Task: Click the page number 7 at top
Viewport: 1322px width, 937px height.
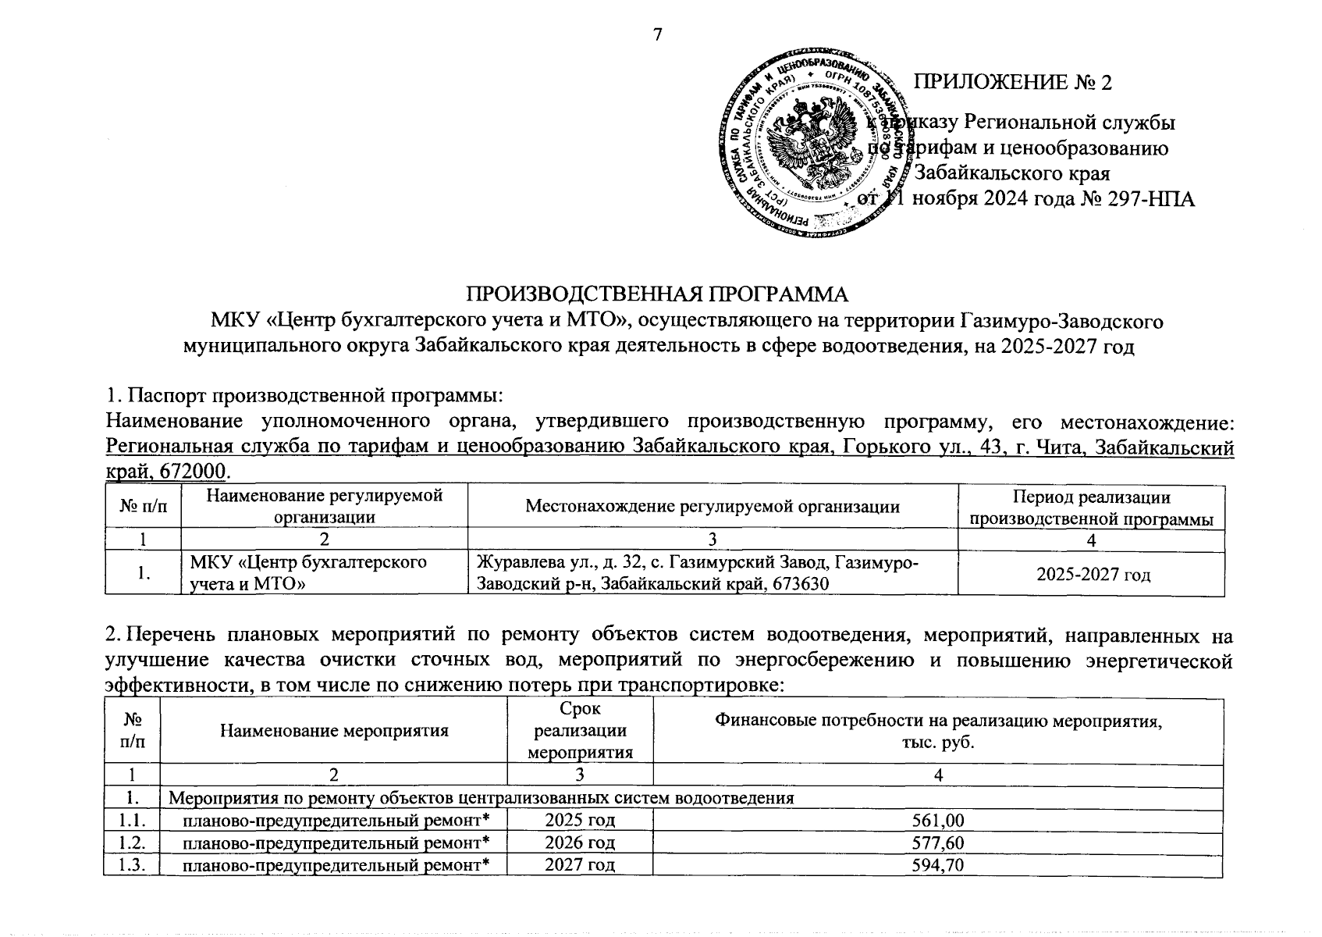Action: pos(656,34)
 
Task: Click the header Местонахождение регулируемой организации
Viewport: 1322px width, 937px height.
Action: pos(712,506)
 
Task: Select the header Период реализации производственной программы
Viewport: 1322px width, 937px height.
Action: pos(1091,508)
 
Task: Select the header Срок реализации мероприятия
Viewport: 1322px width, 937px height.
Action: pos(580,731)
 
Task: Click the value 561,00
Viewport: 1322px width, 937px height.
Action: pos(937,821)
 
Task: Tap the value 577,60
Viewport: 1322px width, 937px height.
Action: pos(937,843)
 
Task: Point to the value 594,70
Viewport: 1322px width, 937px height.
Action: pos(937,865)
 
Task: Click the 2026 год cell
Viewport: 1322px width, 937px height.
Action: pos(580,843)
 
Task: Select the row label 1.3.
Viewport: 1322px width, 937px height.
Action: pos(130,865)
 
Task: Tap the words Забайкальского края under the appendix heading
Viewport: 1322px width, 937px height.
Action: pos(1011,173)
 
